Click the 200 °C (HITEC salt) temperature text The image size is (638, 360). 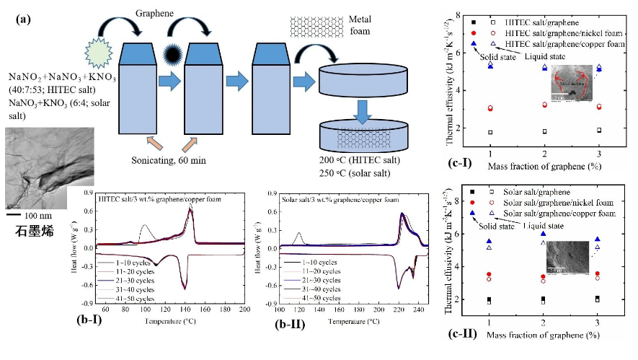(356, 159)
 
